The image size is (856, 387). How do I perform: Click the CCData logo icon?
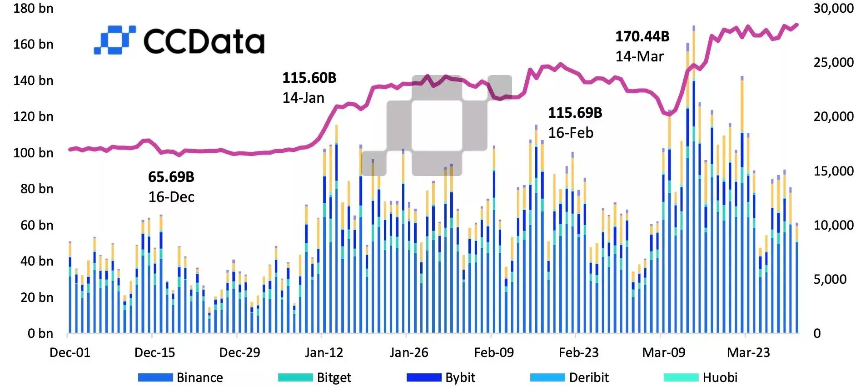click(114, 40)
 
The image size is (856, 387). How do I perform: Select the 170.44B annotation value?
click(642, 36)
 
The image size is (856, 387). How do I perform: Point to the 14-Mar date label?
click(639, 56)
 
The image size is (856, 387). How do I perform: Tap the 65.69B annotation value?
click(171, 177)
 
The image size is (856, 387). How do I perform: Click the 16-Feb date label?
click(570, 133)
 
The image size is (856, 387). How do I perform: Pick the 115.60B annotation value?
click(309, 78)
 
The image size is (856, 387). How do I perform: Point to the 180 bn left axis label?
click(33, 8)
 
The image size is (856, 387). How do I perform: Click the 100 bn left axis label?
click(33, 153)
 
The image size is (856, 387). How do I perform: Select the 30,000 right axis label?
click(833, 8)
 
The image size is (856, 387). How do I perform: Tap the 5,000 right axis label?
click(830, 279)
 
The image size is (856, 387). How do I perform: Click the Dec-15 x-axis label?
click(154, 352)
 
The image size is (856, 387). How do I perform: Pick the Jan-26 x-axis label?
click(408, 352)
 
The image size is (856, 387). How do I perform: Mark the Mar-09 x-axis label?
click(663, 352)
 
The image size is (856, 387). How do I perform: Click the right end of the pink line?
click(797, 25)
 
